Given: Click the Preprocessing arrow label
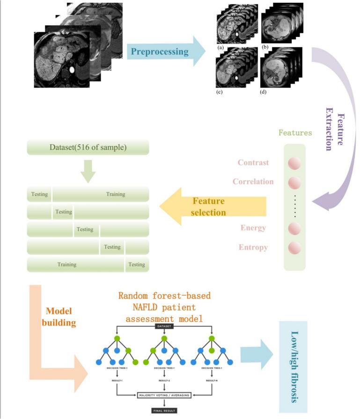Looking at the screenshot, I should point(160,51).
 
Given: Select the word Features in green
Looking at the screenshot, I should point(295,132).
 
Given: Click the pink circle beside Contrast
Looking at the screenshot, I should point(294,163).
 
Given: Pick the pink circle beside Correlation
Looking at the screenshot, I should point(294,182).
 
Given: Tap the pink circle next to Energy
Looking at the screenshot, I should point(294,228).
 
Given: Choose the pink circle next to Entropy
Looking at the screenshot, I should point(294,247).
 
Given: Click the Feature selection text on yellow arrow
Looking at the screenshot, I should point(208,206).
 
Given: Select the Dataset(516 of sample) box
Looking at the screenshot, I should point(88,147).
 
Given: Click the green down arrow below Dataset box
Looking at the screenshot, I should point(88,172).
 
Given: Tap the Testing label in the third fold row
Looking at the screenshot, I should point(85,229).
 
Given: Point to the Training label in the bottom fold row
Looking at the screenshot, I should point(67,265).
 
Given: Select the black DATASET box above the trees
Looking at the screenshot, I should point(164,326).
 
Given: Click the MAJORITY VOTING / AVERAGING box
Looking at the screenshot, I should point(164,396).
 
